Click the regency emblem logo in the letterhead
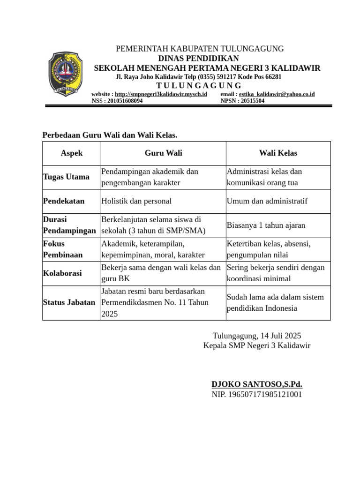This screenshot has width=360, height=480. (66, 74)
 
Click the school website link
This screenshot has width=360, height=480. (161, 94)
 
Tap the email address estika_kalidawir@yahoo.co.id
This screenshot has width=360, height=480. (277, 94)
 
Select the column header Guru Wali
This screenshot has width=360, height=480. (163, 153)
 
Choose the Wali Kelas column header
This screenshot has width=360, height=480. (278, 153)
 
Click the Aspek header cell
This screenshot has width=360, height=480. (72, 153)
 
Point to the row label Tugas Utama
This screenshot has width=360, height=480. (66, 177)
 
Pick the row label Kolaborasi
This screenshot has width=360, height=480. (62, 273)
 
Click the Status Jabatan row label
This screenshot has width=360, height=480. (68, 303)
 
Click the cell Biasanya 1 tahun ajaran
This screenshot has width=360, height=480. (266, 225)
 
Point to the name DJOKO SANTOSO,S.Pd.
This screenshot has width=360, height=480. (257, 384)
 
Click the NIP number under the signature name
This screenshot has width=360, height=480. (257, 394)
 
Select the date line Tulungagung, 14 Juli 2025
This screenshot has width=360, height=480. (257, 336)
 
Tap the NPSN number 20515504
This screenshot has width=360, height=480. (242, 101)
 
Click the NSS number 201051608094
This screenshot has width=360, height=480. (117, 101)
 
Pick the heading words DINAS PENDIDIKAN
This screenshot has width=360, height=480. (198, 58)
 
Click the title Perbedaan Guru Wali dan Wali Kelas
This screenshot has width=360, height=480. (110, 135)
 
